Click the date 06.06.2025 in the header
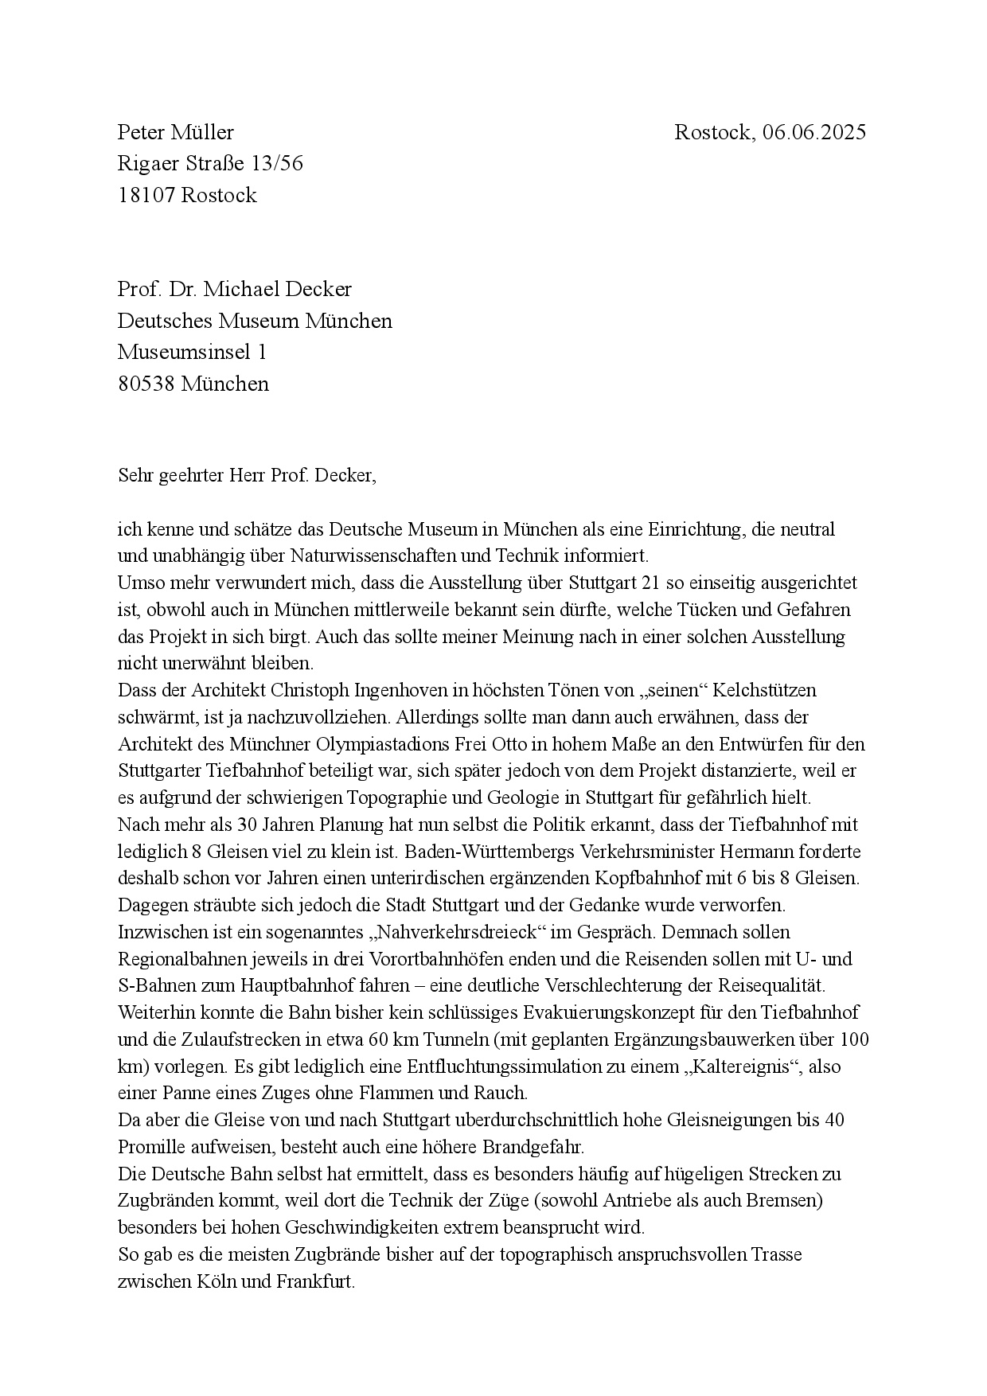[813, 132]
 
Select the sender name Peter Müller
[176, 132]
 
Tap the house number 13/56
[276, 164]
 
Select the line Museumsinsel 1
[192, 352]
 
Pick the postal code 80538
[146, 384]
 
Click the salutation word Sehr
[134, 476]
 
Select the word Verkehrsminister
[648, 852]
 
